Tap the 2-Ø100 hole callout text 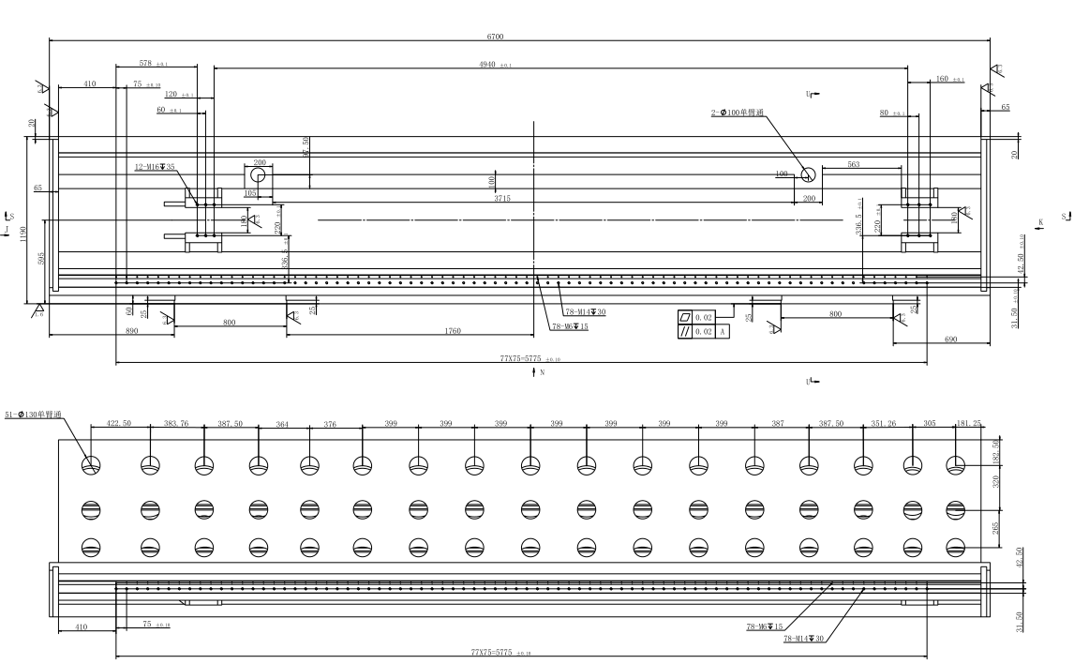(738, 113)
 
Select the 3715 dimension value (504, 199)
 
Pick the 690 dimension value (950, 339)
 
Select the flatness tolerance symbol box (685, 319)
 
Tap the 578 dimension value (145, 64)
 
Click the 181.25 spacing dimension (970, 424)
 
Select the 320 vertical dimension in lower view (996, 482)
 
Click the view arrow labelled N (537, 372)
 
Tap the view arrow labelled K (1039, 222)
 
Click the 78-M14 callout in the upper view (584, 312)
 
